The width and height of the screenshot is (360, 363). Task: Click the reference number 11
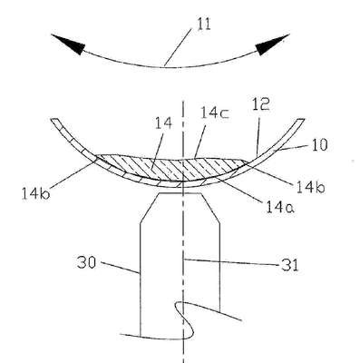(204, 25)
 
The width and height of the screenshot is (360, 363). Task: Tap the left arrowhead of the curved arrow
(68, 44)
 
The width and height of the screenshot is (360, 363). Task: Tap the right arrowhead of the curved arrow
(272, 44)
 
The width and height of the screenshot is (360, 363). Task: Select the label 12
(260, 105)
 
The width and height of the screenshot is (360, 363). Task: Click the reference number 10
(318, 145)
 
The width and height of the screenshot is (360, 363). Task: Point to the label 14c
(216, 113)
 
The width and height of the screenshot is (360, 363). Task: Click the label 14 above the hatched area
(163, 123)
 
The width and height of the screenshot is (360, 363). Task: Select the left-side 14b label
(35, 193)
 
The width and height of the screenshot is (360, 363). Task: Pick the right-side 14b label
(310, 188)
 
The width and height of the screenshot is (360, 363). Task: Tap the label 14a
(280, 207)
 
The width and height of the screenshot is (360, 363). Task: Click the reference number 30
(86, 262)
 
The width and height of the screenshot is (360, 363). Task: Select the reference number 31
(289, 265)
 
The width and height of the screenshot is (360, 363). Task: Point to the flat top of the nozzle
(180, 193)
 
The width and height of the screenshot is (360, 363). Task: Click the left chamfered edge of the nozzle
(149, 209)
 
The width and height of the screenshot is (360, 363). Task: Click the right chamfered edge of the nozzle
(210, 209)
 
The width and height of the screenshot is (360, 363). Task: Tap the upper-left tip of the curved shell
(54, 119)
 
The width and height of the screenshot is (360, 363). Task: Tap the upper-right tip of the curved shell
(301, 120)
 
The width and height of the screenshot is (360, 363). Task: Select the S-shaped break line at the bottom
(181, 320)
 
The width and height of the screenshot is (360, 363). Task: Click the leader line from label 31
(231, 262)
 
